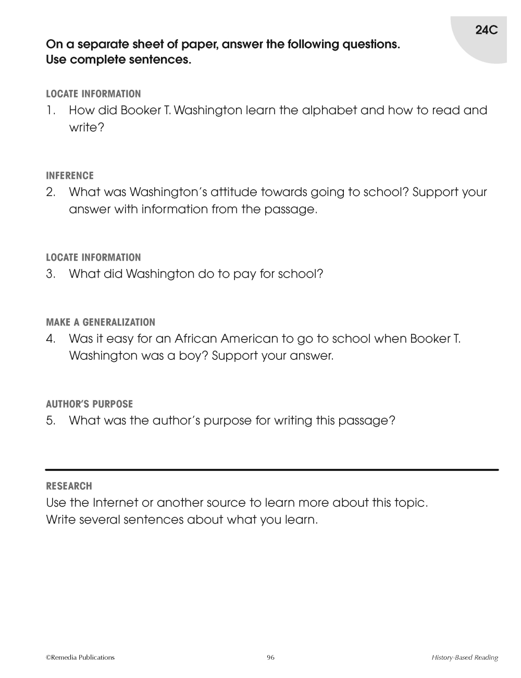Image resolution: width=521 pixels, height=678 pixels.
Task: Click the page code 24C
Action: coord(487,30)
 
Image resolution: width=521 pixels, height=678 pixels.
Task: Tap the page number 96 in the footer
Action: coord(270,657)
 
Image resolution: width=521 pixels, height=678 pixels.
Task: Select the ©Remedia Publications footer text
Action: coord(80,657)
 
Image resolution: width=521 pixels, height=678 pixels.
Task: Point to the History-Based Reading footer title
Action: coord(464,658)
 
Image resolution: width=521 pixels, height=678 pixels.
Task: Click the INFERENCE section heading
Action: coord(70,176)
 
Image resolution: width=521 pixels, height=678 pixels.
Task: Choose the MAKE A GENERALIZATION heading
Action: coord(101,322)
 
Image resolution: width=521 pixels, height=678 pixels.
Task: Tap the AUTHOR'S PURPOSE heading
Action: coord(90,404)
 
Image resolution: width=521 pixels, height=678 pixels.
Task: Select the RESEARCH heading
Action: coord(69,486)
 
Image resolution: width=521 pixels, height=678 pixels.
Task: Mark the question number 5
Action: coord(51,420)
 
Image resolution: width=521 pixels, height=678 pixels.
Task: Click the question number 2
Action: coord(51,192)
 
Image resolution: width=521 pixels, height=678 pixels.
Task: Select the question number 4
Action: coord(51,339)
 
